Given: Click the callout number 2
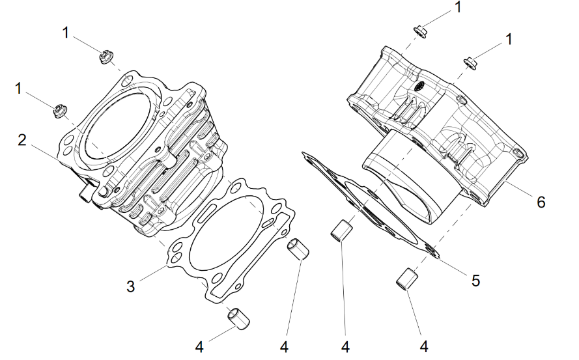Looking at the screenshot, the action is point(22,141).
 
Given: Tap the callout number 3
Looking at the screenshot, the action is point(131,286).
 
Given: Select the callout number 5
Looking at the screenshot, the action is point(475,281).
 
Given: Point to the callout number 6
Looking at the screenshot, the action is point(541,202).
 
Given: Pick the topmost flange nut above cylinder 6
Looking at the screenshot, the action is point(421,31).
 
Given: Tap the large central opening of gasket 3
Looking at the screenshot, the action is point(227,232).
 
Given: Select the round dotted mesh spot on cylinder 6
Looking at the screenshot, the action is point(419,87).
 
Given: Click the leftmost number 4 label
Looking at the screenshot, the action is point(199,347).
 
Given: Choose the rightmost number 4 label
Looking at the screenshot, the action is point(424,346).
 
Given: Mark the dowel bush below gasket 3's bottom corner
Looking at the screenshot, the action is point(238,318).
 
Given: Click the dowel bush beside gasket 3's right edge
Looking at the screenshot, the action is point(298,249).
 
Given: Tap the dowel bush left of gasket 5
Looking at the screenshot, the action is point(341,230).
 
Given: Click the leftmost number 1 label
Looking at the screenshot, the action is point(18,89).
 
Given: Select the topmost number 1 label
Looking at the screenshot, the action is point(458,7).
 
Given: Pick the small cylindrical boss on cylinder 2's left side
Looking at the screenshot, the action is point(86,192).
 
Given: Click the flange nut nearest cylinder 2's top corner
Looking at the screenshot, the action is point(106,57).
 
